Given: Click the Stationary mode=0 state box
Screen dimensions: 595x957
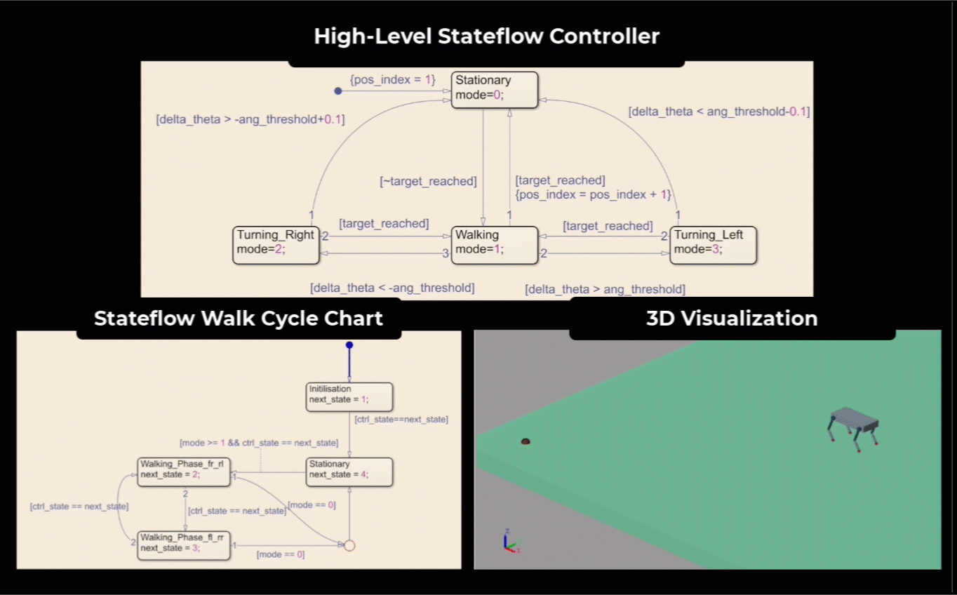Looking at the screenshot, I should click(x=494, y=89).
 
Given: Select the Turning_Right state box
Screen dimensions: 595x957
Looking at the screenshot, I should click(x=276, y=244).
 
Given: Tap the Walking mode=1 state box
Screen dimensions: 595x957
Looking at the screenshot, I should click(x=494, y=244).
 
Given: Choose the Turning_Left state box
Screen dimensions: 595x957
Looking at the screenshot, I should click(x=713, y=244).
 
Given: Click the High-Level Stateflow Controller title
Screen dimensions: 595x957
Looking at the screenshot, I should click(x=486, y=36).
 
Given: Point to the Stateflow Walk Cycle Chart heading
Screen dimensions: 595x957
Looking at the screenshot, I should click(x=239, y=319).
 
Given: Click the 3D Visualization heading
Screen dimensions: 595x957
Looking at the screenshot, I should click(x=732, y=319).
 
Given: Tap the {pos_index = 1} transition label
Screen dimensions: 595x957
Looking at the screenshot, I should click(x=393, y=80).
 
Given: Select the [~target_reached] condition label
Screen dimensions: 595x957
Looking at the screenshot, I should click(x=428, y=182).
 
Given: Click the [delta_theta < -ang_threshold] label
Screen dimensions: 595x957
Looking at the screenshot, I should click(x=392, y=288).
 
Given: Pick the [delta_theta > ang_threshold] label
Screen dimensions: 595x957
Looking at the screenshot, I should click(x=605, y=289).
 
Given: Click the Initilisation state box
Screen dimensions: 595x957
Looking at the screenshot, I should click(x=349, y=396).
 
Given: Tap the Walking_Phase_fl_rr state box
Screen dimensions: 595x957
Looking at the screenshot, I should click(x=184, y=544).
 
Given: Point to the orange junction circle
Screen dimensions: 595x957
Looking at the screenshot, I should click(x=349, y=545).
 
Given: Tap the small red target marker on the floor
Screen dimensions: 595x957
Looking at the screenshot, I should click(x=525, y=441).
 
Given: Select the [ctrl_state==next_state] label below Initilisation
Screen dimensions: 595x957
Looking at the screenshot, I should click(x=401, y=420).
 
